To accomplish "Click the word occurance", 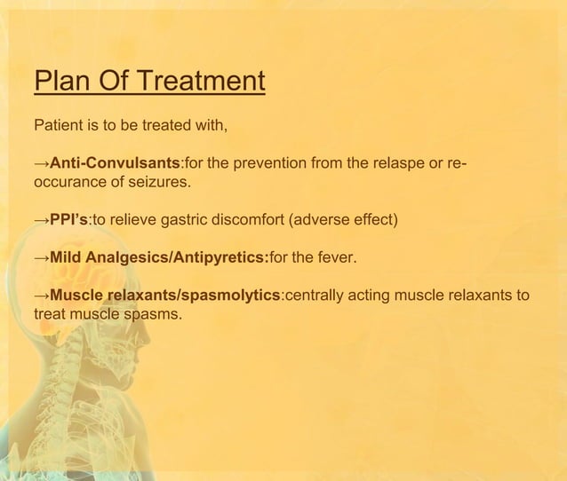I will point(68,183).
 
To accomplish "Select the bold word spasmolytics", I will point(227,296).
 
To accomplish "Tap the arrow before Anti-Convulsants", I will point(41,165).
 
